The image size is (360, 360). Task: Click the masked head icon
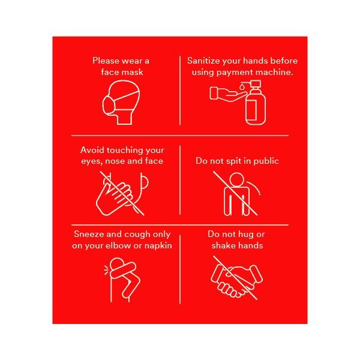(122, 102)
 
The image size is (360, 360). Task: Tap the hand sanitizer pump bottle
(255, 103)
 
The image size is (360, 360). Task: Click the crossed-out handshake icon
(236, 277)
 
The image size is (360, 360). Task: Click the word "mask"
(133, 72)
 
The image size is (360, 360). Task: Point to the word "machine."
(275, 72)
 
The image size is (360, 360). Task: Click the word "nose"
(118, 161)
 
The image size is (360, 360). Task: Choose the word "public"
(266, 161)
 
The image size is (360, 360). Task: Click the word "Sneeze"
(89, 234)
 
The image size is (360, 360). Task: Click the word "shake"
(223, 245)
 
